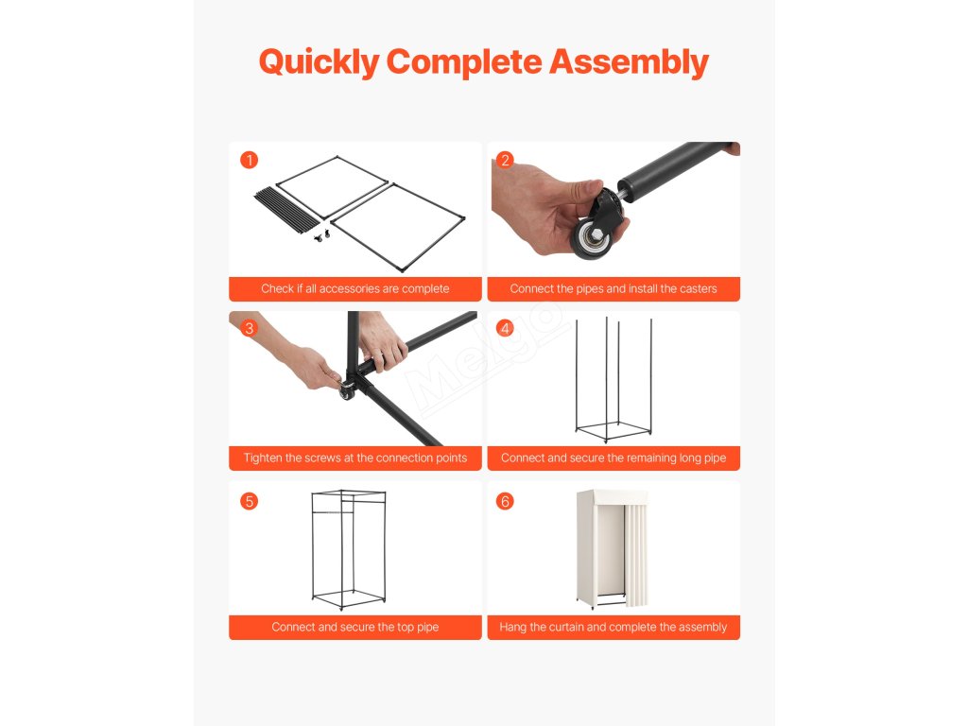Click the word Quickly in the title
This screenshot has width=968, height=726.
(x=320, y=62)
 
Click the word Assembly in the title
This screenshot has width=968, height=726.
(x=629, y=62)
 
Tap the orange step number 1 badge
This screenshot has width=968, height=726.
(x=250, y=160)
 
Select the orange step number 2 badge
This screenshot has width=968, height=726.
(x=505, y=160)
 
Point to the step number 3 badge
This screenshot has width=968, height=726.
(x=250, y=328)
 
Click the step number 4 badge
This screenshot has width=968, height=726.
(x=505, y=328)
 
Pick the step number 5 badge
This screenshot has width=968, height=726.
(x=250, y=501)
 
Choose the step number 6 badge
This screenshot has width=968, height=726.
(x=505, y=501)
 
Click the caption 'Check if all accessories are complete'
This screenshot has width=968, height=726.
(x=355, y=289)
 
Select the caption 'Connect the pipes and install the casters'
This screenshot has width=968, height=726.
(x=614, y=289)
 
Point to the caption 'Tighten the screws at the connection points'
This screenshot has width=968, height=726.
(x=355, y=458)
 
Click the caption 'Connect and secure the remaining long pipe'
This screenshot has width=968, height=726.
(x=614, y=458)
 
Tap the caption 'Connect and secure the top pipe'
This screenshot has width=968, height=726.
(x=355, y=628)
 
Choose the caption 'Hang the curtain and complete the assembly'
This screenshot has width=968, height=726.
(x=614, y=628)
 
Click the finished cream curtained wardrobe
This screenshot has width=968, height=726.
(x=612, y=549)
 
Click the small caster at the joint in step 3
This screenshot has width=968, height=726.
(x=346, y=390)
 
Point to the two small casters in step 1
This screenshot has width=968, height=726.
(x=321, y=235)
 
